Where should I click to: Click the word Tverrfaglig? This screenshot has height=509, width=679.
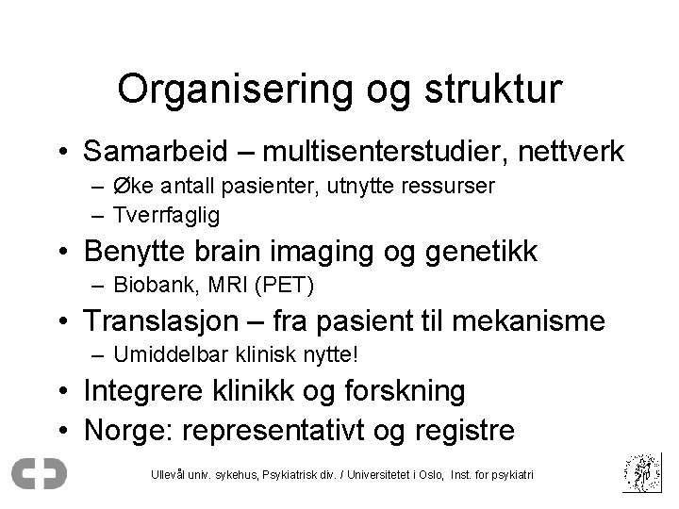point(166,215)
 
